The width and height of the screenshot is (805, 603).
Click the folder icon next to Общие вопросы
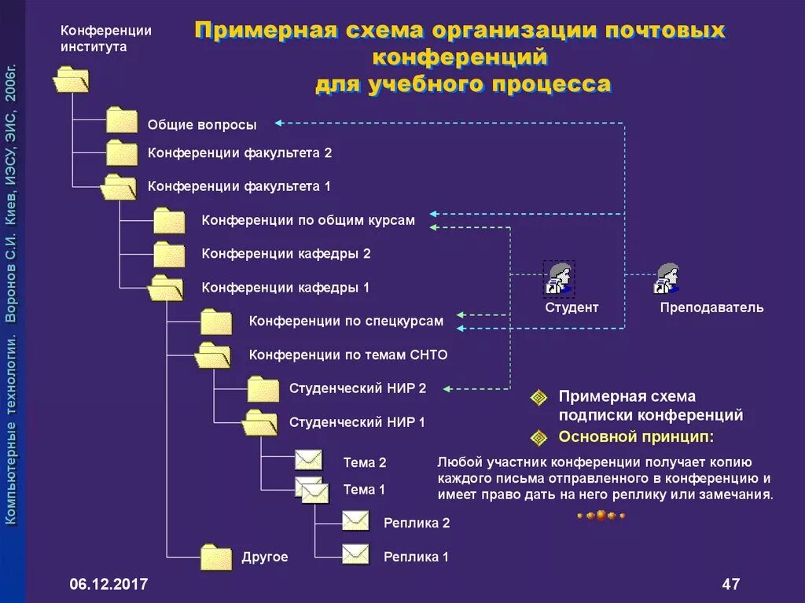[x=122, y=120]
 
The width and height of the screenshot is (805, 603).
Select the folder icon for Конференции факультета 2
[x=122, y=153]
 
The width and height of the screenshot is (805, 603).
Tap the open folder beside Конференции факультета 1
[x=119, y=187]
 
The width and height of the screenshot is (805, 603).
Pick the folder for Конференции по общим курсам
[x=169, y=221]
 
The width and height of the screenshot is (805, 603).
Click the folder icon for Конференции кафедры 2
[x=169, y=254]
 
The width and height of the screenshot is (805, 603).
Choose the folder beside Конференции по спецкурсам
[x=216, y=322]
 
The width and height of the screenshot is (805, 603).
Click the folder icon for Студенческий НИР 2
[x=263, y=388]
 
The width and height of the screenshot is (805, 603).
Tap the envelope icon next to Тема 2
[x=309, y=461]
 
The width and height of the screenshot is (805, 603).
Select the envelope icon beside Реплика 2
[x=355, y=520]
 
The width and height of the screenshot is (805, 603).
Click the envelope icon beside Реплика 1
[x=355, y=554]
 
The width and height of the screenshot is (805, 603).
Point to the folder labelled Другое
[x=216, y=557]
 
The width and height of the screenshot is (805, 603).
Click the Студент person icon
[x=559, y=279]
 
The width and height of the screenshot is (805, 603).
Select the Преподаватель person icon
[x=667, y=279]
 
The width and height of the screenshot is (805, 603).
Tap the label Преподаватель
[x=711, y=307]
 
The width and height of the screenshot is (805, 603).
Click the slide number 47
[x=730, y=584]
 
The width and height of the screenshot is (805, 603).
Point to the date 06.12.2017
[x=108, y=584]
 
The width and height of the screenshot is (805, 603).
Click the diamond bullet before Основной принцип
[x=539, y=436]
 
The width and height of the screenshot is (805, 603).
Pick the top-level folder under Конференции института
[x=71, y=79]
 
